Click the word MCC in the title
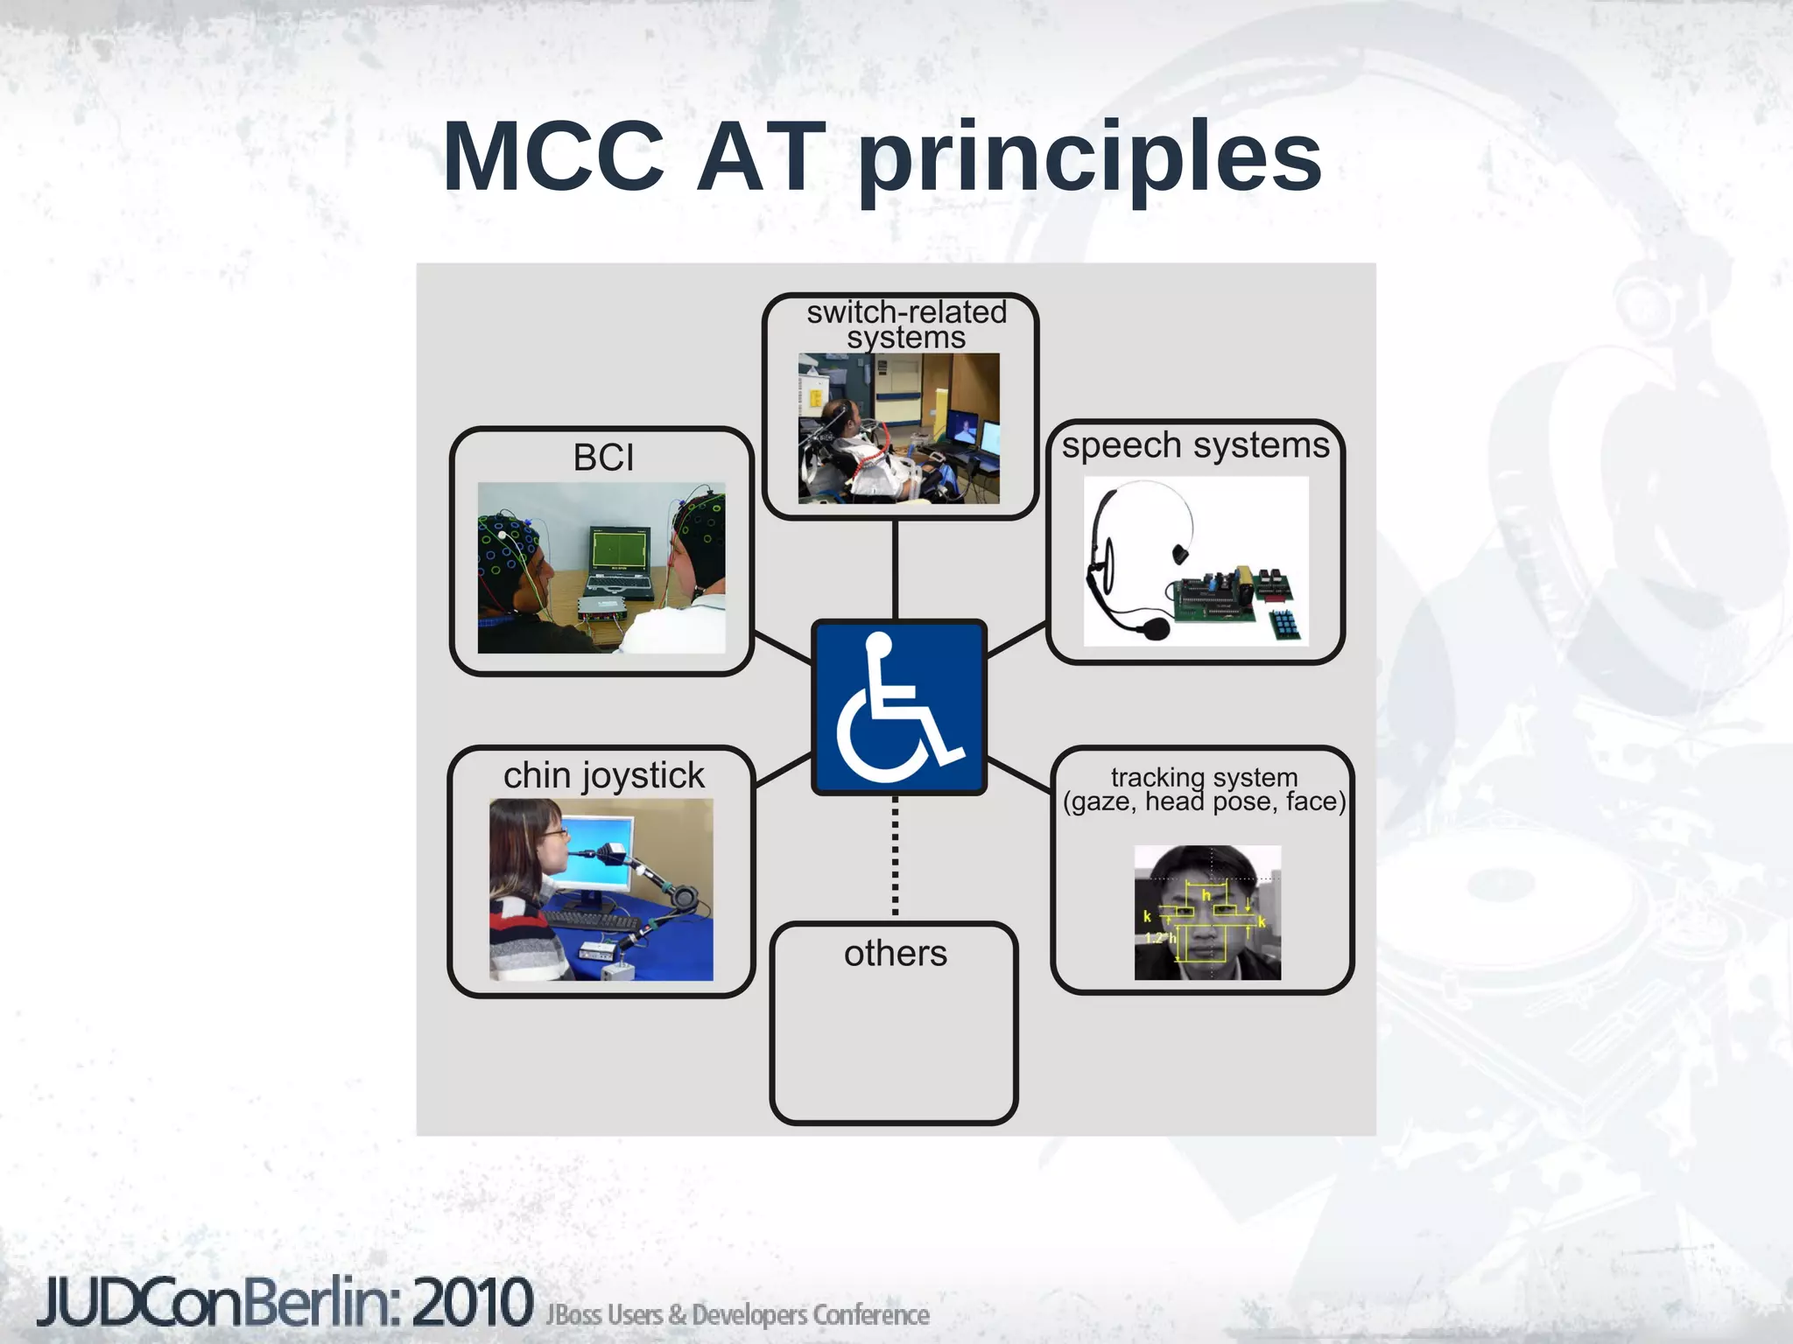pos(553,157)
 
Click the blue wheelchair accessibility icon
pos(898,707)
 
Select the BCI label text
pos(603,458)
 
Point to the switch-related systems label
pos(906,325)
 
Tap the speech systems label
pos(1195,445)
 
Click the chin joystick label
pos(603,775)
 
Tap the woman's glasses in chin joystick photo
pos(553,834)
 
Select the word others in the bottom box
pos(895,953)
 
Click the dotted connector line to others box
pos(895,857)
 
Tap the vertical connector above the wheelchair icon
pos(895,569)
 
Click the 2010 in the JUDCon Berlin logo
pos(473,1303)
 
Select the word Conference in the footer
pos(870,1315)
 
